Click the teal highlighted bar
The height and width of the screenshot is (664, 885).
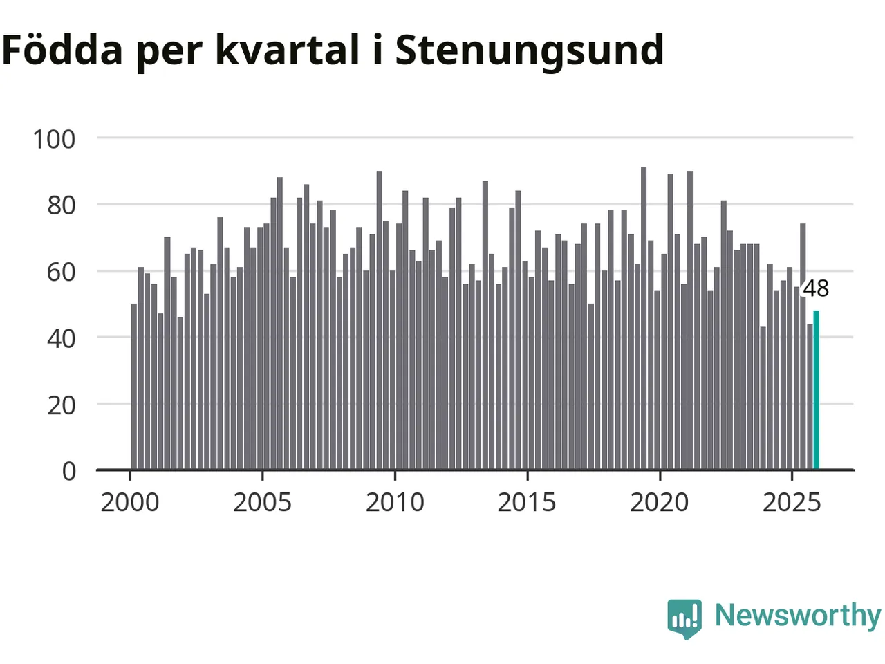[816, 390]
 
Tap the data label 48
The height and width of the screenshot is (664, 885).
[816, 288]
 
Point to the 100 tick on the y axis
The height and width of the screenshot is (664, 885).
[54, 139]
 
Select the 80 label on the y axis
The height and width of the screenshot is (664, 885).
[62, 205]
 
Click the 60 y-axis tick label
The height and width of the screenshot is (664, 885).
[62, 272]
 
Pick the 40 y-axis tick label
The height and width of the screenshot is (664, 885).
[62, 338]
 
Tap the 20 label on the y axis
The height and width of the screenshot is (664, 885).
[62, 405]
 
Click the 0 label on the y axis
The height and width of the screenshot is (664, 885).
[69, 471]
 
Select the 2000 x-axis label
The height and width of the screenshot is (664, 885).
[130, 503]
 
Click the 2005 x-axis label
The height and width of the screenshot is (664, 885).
[262, 503]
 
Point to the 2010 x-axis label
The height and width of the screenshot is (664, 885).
[395, 503]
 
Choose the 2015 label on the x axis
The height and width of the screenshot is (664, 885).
[527, 503]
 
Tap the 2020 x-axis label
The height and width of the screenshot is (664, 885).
[660, 503]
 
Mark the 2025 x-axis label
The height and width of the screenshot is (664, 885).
[792, 503]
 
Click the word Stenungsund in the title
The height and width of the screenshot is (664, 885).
[529, 50]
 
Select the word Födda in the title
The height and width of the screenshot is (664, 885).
[62, 50]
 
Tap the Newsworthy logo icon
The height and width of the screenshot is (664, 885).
[684, 618]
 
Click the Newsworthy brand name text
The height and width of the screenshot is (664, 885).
[797, 616]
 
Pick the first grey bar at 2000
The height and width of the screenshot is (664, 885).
[134, 387]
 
